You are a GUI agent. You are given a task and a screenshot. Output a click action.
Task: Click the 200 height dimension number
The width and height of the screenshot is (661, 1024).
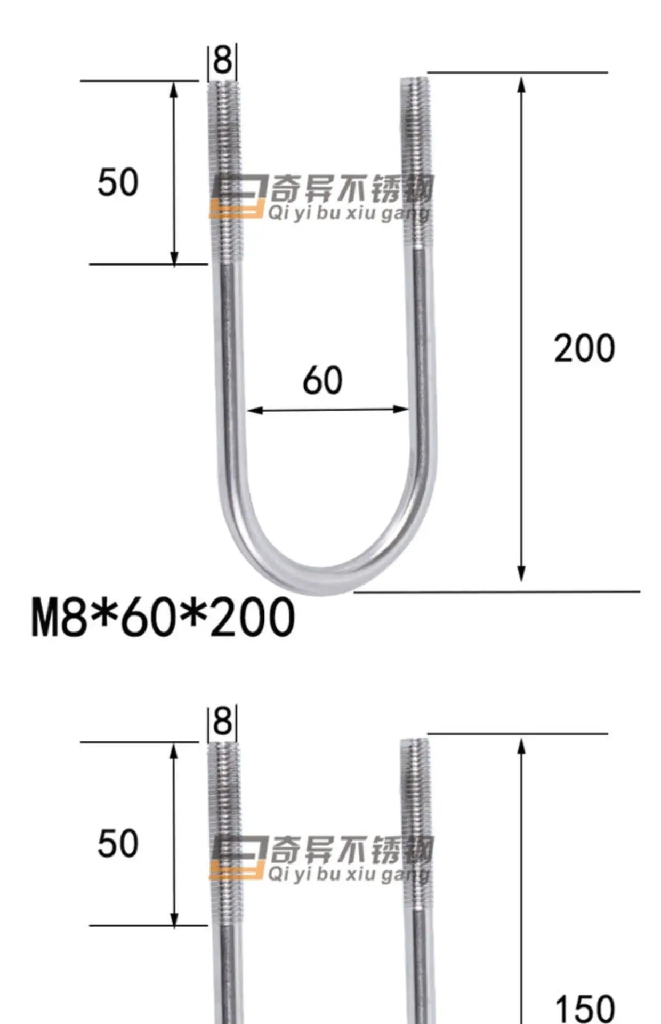[x=584, y=348]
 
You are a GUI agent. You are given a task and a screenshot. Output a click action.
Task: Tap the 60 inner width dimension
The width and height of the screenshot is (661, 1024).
[x=323, y=380]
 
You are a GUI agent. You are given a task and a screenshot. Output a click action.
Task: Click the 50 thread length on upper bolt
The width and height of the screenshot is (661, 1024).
[x=118, y=182]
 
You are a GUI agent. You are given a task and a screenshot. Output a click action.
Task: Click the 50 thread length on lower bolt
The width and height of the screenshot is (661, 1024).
[x=118, y=844]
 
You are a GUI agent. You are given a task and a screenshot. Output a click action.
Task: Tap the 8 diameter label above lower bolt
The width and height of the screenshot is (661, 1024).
[x=222, y=722]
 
